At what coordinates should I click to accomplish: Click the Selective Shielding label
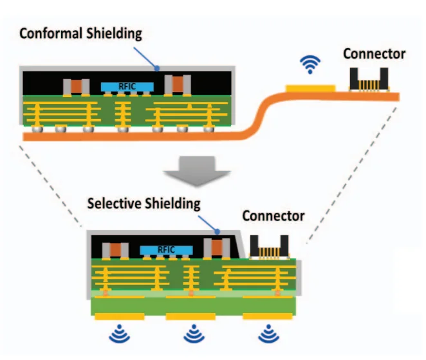(x=144, y=204)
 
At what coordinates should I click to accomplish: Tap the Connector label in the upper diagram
(x=374, y=54)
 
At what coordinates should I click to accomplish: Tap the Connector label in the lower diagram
(x=273, y=215)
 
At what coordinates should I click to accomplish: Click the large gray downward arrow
(x=197, y=172)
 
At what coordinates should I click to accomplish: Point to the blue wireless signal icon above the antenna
(x=311, y=64)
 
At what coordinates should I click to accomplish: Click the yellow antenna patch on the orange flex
(x=311, y=86)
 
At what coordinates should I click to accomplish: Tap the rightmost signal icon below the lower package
(x=268, y=334)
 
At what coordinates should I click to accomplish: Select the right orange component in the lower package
(x=212, y=248)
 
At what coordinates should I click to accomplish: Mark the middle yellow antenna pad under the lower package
(x=191, y=316)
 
